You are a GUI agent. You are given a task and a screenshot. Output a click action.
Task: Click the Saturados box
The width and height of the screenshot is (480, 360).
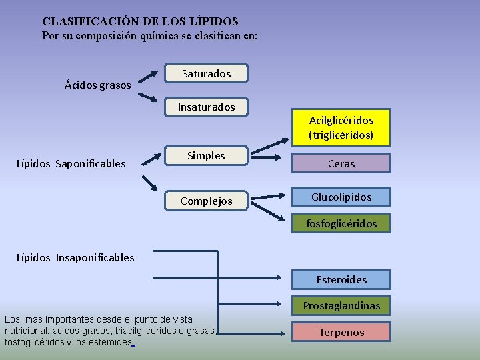click(207, 73)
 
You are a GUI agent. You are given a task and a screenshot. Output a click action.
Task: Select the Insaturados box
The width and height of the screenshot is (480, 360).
click(207, 107)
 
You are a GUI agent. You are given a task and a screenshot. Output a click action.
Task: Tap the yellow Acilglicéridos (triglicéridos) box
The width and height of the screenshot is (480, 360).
click(341, 127)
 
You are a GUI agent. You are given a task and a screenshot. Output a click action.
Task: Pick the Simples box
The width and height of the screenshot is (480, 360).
click(207, 156)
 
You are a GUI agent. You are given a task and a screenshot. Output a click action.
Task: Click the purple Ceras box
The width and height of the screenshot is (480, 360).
click(341, 163)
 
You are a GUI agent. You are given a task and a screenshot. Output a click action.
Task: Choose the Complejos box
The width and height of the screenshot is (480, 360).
click(207, 201)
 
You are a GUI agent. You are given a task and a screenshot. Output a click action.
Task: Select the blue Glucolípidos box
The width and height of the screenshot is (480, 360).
click(341, 197)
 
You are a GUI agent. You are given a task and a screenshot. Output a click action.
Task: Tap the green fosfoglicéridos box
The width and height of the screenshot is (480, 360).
click(341, 223)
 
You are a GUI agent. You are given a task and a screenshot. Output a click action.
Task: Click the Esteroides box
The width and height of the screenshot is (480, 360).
click(341, 279)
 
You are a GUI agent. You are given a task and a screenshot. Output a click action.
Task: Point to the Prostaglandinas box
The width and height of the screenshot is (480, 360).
click(341, 306)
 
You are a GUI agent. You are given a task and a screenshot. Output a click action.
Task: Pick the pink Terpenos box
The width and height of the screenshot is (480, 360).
click(341, 332)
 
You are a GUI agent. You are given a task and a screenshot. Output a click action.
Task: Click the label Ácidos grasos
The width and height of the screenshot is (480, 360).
click(98, 85)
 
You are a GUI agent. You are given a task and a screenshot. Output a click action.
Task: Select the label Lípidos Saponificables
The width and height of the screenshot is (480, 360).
click(71, 163)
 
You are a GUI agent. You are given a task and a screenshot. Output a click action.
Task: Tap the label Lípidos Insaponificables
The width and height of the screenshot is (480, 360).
click(75, 257)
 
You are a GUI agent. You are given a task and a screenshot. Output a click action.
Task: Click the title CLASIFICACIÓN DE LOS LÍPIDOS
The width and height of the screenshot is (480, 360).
click(140, 22)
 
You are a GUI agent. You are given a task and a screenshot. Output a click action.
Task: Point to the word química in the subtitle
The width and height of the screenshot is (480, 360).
click(152, 35)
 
